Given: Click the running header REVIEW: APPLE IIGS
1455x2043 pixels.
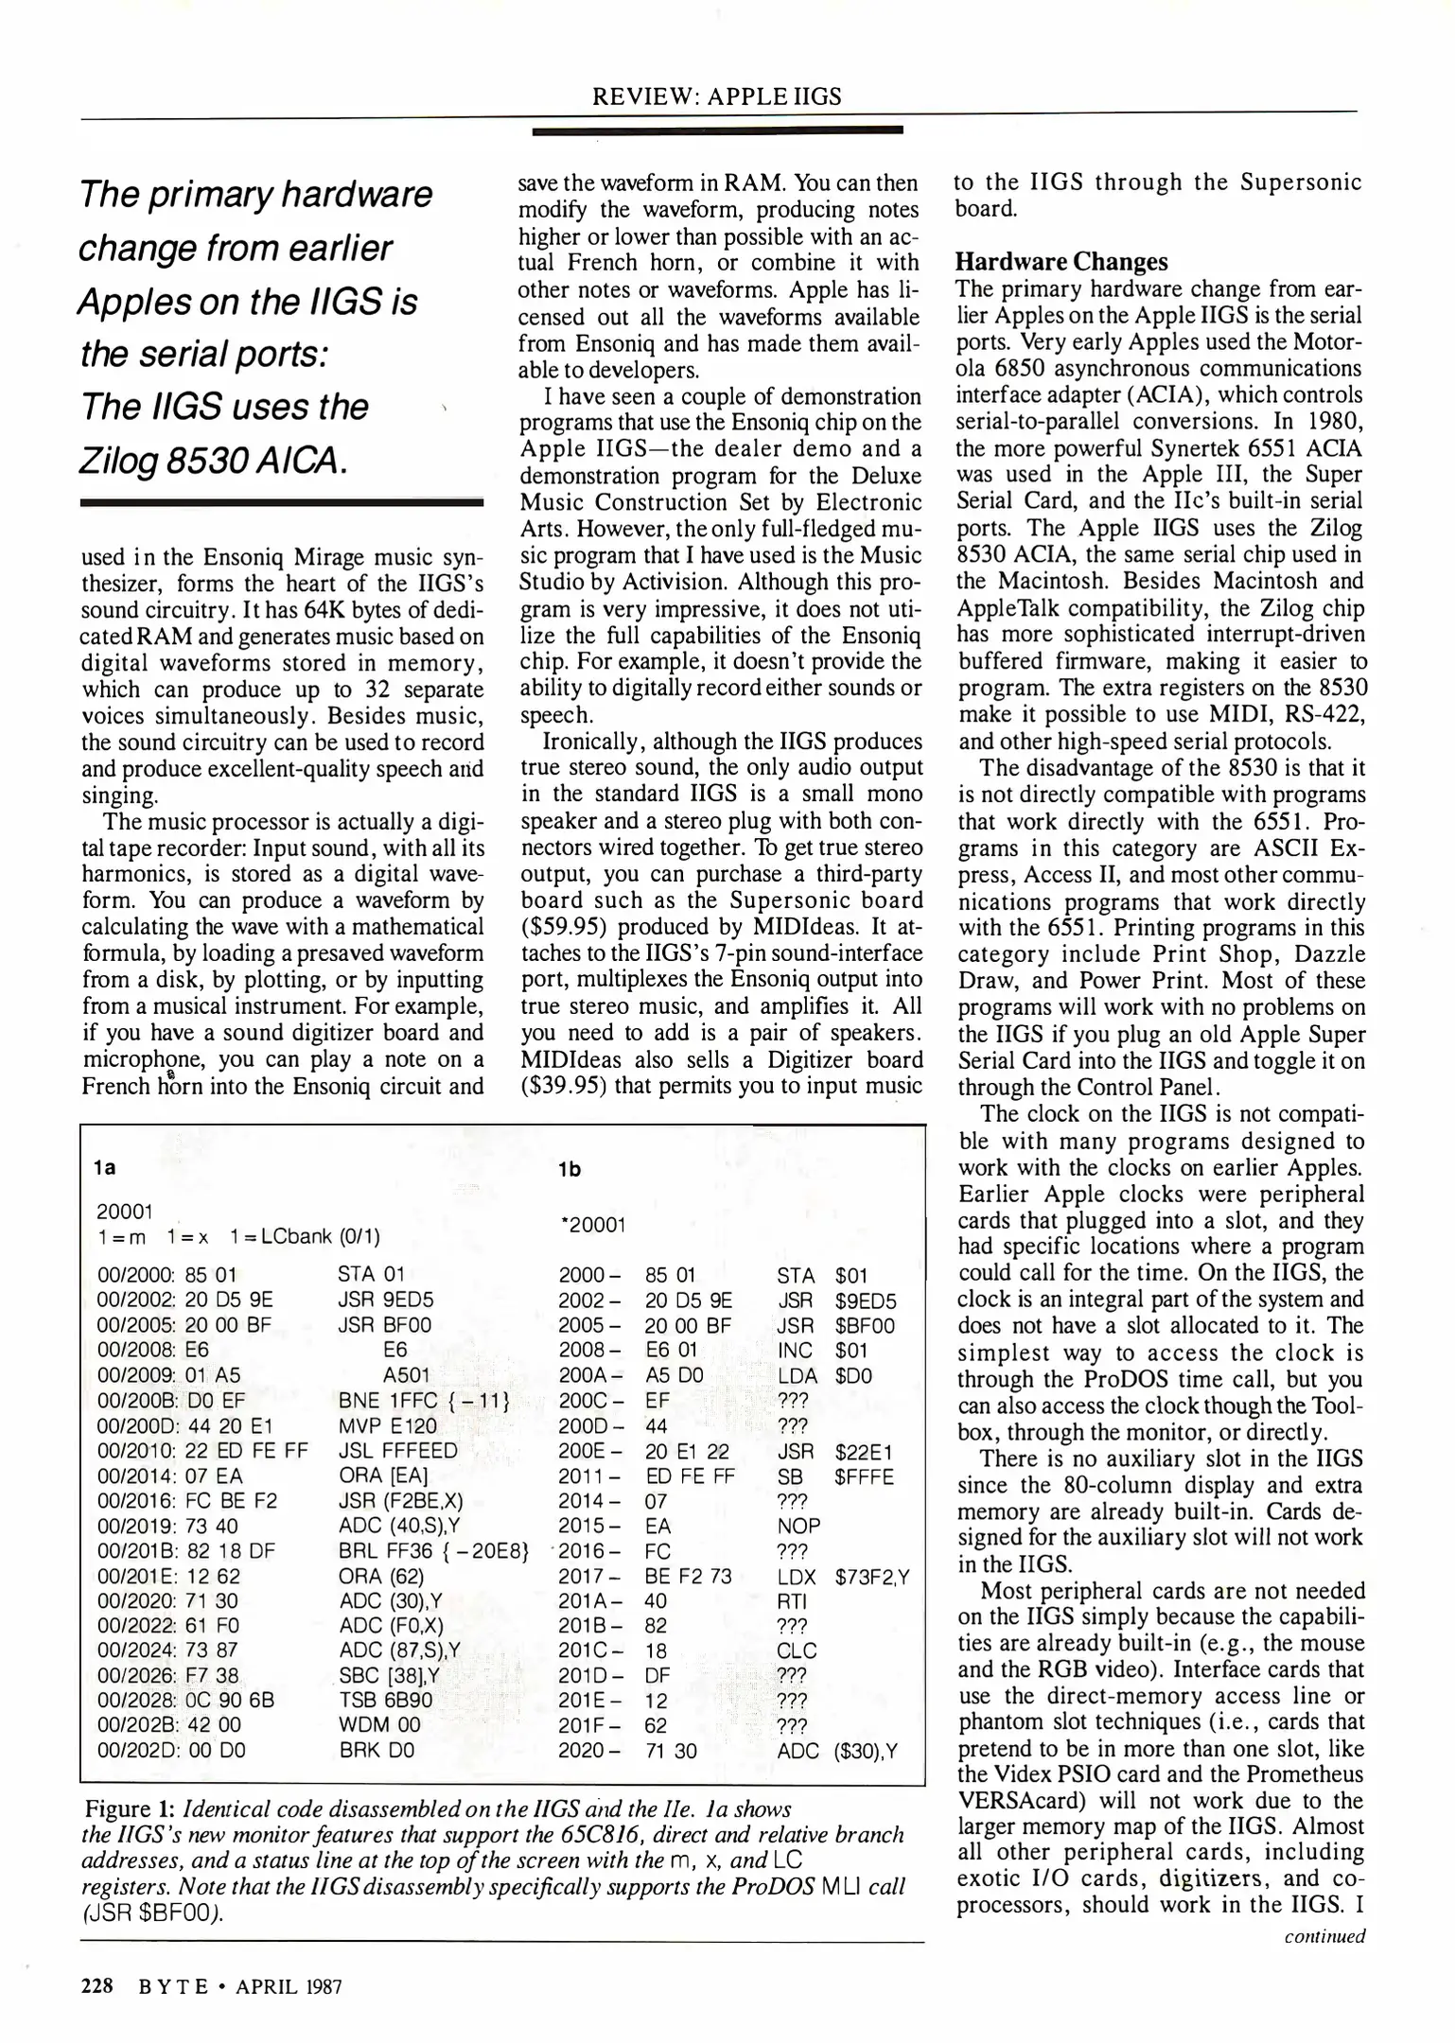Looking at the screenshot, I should (x=716, y=96).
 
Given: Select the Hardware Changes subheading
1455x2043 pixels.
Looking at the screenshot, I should (x=1061, y=262).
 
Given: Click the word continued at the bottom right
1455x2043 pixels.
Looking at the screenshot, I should (x=1324, y=1935).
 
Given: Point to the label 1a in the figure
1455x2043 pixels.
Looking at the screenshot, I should (x=106, y=1167).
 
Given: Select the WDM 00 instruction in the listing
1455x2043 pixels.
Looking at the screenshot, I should (x=379, y=1724).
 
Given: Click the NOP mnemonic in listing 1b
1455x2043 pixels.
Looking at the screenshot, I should (x=798, y=1526).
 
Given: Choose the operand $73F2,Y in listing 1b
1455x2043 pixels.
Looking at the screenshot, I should (x=871, y=1576).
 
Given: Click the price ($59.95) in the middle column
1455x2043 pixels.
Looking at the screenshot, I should (x=564, y=927).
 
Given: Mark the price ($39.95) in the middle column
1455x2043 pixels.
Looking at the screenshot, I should (x=564, y=1086).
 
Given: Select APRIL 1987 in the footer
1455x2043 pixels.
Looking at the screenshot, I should (x=289, y=1987).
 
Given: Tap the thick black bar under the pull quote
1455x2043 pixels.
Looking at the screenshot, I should (x=282, y=504).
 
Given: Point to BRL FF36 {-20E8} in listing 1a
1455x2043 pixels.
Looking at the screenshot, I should (x=432, y=1550).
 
